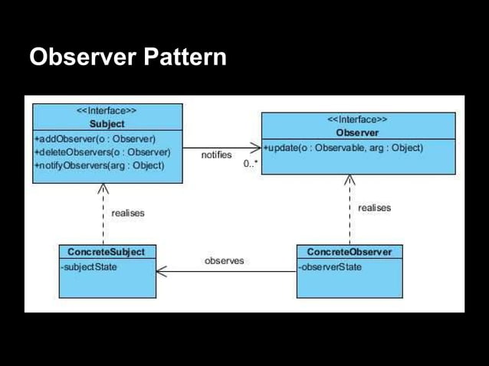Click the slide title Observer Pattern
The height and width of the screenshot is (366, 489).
coord(127,57)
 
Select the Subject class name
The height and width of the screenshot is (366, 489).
coord(107,123)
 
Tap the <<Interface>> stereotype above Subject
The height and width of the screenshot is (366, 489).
coord(107,111)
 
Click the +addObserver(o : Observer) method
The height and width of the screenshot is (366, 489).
coord(96,139)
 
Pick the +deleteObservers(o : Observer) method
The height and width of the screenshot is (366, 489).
coord(101,152)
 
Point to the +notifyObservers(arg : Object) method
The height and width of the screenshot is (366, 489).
coord(99,165)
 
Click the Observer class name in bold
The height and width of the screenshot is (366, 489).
coord(357,132)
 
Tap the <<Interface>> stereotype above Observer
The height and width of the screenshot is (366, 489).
coord(357,120)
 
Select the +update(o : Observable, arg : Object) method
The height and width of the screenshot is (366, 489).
coord(343,148)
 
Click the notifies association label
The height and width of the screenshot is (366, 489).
coord(216,155)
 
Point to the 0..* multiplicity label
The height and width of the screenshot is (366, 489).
coord(250,164)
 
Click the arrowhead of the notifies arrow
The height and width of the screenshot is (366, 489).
coord(257,147)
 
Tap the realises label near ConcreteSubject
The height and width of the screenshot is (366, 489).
coord(127,213)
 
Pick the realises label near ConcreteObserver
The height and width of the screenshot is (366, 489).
coord(374,208)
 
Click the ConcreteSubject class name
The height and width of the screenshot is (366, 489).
coord(106,252)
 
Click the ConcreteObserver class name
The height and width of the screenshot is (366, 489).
coord(349,252)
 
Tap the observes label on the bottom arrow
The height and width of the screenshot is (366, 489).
coord(224,261)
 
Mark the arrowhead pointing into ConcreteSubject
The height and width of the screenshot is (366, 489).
coord(161,271)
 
